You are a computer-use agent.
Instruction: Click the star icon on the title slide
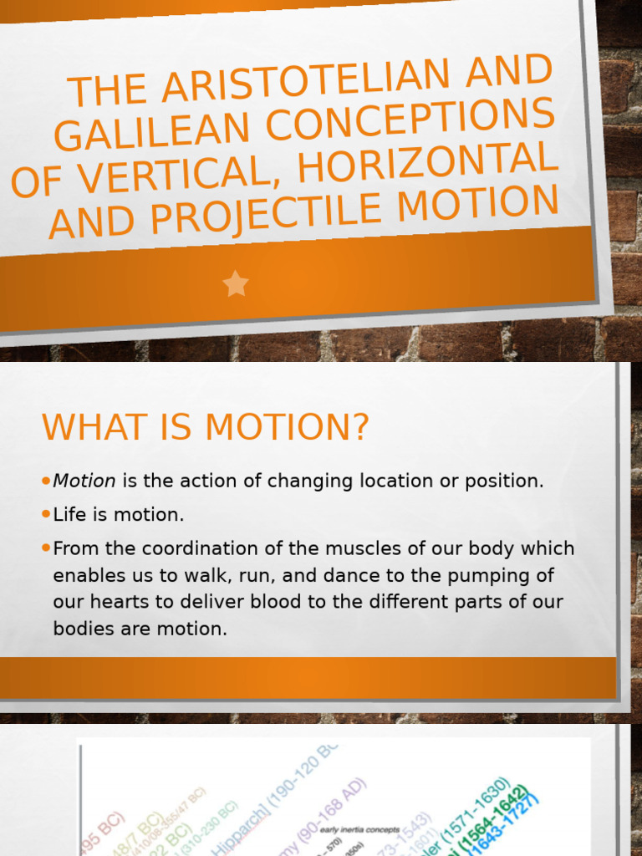coord(236,284)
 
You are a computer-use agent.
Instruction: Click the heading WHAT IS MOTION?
coord(205,428)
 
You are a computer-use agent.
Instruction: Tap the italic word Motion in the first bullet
coord(84,481)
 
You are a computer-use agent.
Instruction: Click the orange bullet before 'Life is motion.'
coord(46,515)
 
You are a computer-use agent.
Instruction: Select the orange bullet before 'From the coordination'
coord(46,548)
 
